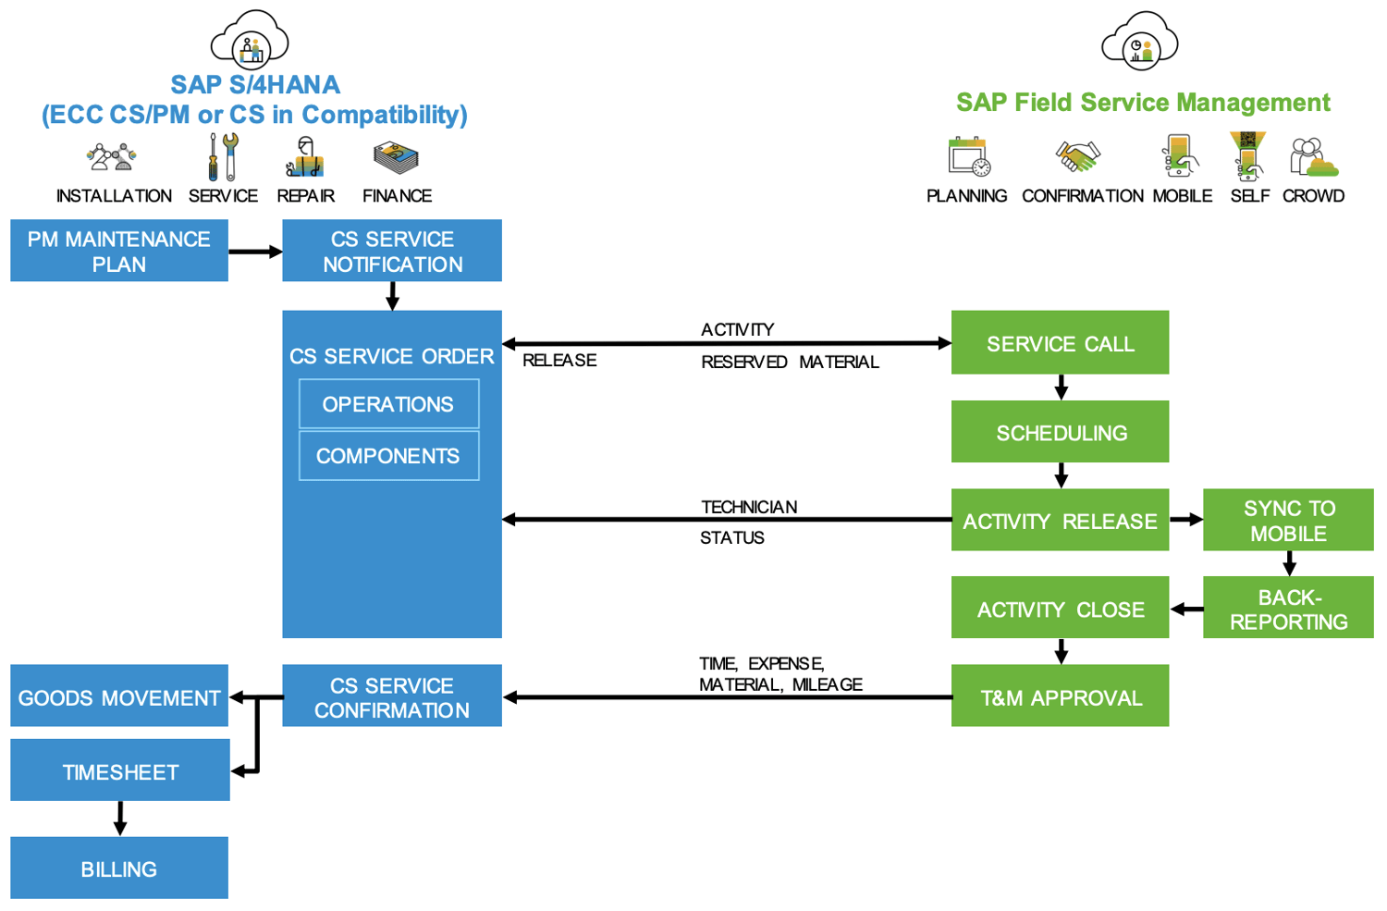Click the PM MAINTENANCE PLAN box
(119, 251)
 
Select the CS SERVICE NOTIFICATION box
(392, 251)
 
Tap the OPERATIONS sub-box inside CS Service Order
(388, 404)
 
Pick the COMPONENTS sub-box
(388, 456)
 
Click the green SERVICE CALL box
(1060, 343)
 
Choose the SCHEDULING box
(1060, 432)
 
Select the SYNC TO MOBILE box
(1288, 520)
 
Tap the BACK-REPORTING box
(1288, 609)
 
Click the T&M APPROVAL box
(1060, 696)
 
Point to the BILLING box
(119, 868)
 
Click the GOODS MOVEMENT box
(119, 696)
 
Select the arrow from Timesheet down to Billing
(120, 819)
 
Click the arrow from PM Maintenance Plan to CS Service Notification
(255, 252)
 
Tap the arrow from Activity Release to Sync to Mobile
(1186, 520)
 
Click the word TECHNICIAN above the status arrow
(749, 507)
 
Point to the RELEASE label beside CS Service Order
(559, 361)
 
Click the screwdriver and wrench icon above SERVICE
(223, 156)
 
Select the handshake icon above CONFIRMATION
(1078, 155)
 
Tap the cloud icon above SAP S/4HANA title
(250, 40)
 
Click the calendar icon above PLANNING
(968, 156)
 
